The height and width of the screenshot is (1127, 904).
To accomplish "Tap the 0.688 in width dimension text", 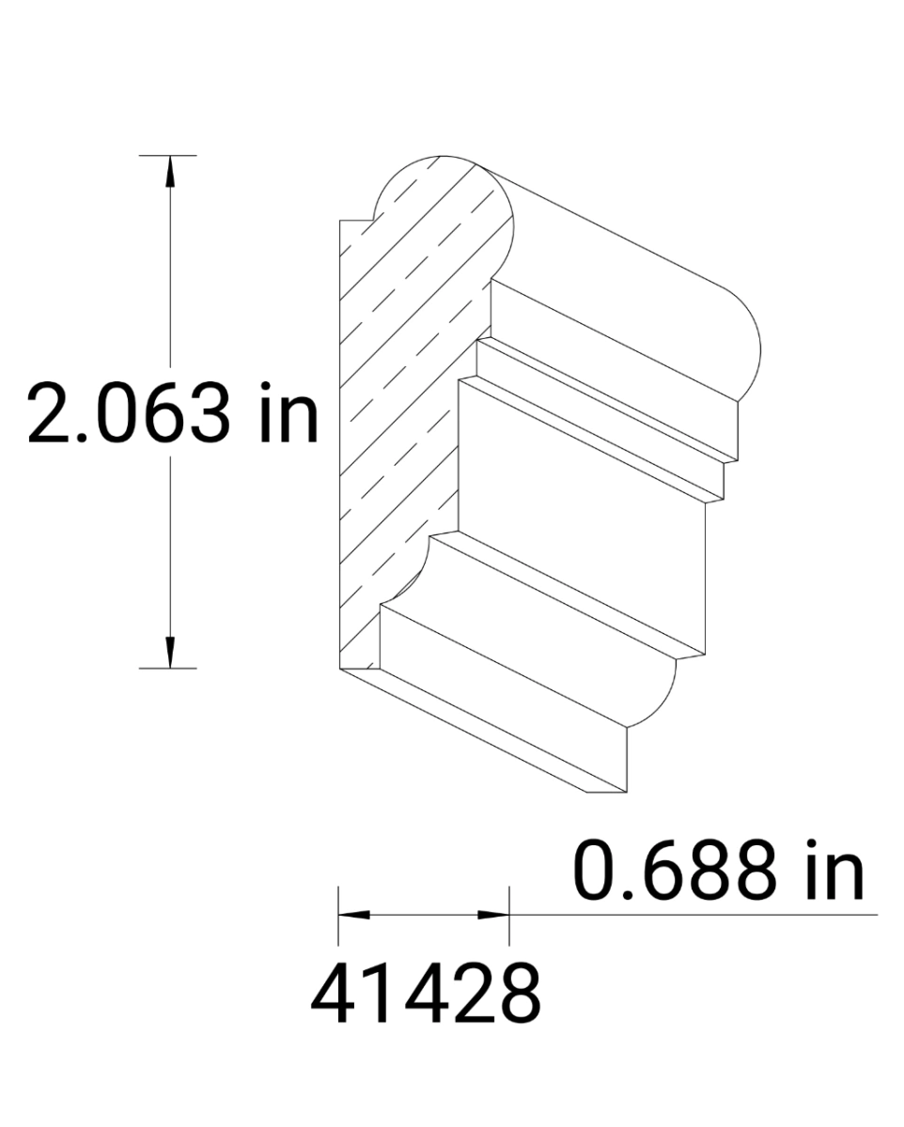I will click(x=718, y=871).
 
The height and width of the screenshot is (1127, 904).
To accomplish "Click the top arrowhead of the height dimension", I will click(x=170, y=169).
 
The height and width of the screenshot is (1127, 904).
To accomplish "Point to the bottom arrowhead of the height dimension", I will click(x=170, y=654).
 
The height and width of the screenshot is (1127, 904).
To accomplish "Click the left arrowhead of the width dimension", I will click(x=353, y=914).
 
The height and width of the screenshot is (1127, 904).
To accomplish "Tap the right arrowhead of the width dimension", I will click(x=494, y=914).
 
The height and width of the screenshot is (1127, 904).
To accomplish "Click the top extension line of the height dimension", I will click(x=168, y=155).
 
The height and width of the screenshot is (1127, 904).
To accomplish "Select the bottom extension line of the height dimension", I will click(x=168, y=668).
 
